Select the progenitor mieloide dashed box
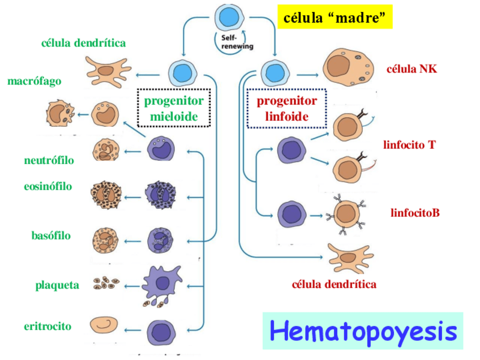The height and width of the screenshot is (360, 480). tap(174, 108)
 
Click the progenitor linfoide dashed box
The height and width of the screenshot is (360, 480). tap(286, 108)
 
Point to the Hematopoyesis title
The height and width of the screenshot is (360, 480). tap(363, 331)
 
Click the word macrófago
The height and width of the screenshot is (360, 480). tap(34, 81)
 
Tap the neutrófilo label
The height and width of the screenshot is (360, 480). tap(49, 160)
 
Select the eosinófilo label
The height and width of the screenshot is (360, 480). tap(48, 186)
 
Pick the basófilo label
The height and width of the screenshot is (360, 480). tap(51, 235)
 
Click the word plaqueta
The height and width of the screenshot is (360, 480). tap(57, 285)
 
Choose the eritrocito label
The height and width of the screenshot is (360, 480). tap(48, 327)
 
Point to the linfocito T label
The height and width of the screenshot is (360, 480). tap(409, 144)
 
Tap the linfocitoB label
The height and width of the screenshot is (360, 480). tap(415, 213)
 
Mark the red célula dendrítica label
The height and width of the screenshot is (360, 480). tap(334, 284)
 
